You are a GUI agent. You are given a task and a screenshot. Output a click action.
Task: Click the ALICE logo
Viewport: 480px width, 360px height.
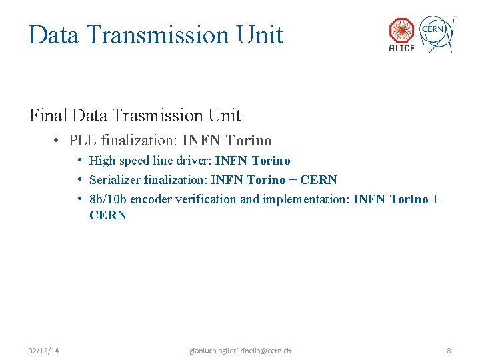pyautogui.click(x=401, y=34)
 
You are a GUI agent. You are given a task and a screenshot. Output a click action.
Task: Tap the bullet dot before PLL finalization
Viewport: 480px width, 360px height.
pyautogui.click(x=59, y=141)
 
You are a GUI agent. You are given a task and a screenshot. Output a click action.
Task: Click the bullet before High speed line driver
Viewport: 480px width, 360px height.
pyautogui.click(x=79, y=161)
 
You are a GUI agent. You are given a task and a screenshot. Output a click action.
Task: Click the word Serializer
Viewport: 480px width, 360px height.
pyautogui.click(x=115, y=180)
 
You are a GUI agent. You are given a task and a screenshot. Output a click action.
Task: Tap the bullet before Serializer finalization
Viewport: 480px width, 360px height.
pyautogui.click(x=79, y=180)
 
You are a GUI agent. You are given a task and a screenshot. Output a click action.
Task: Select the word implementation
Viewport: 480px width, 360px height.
pyautogui.click(x=304, y=199)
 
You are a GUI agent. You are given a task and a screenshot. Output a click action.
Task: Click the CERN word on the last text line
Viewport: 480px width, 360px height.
pyautogui.click(x=107, y=215)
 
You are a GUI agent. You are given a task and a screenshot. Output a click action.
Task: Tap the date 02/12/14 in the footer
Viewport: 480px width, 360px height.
pyautogui.click(x=43, y=351)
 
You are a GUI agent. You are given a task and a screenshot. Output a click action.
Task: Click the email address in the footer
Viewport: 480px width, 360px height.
pyautogui.click(x=240, y=351)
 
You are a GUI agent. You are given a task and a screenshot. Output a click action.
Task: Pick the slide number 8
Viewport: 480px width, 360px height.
pyautogui.click(x=449, y=351)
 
